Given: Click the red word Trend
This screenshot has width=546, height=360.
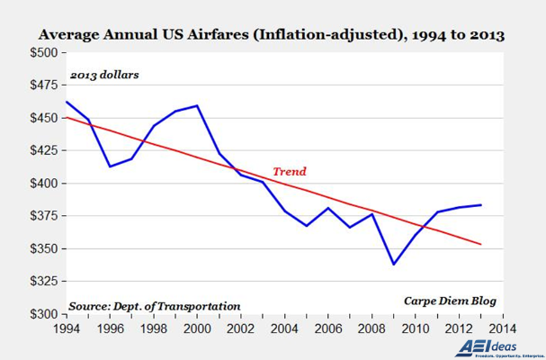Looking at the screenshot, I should (x=289, y=170).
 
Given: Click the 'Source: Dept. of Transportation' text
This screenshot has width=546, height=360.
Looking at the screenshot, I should (x=155, y=306).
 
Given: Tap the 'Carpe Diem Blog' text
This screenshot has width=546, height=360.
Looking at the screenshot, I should (x=448, y=301).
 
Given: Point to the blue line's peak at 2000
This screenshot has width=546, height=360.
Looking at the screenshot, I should (x=197, y=105).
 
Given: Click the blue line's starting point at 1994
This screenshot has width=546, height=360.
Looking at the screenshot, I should (x=65, y=101).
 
